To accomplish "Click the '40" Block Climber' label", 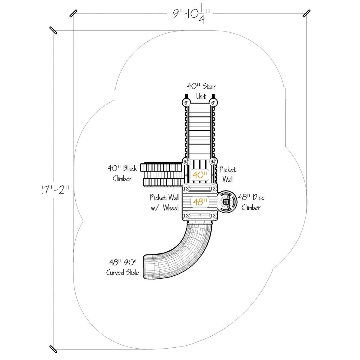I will point(122,173).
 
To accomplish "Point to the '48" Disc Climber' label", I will point(251,202).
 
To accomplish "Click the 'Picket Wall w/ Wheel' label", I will point(164,202).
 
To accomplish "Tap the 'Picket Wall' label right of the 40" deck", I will point(228,174).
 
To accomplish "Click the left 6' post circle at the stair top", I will point(186,103).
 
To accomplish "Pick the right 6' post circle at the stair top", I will point(213,103).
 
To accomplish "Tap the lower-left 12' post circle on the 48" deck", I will point(186,215).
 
